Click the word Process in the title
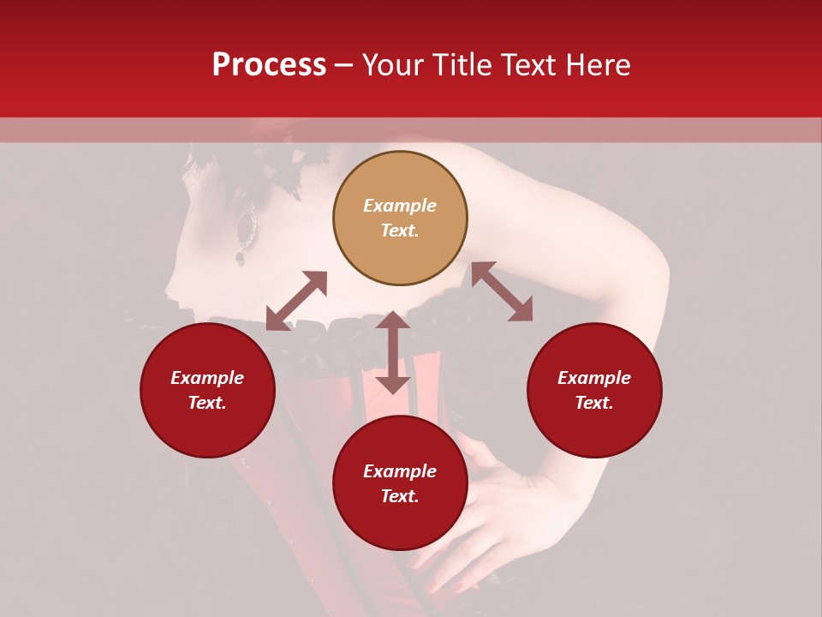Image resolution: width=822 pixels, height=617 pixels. pyautogui.click(x=269, y=65)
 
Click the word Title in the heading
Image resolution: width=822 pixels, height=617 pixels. pyautogui.click(x=458, y=65)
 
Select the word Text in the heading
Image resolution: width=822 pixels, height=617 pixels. pyautogui.click(x=526, y=65)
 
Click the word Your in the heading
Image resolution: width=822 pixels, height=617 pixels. pyautogui.click(x=391, y=65)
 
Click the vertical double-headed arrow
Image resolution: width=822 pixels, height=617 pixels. pyautogui.click(x=393, y=353)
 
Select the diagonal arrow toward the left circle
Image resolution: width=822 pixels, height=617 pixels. pyautogui.click(x=296, y=301)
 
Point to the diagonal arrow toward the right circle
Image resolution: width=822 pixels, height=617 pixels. pyautogui.click(x=502, y=291)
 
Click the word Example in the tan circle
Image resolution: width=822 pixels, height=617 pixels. pyautogui.click(x=400, y=206)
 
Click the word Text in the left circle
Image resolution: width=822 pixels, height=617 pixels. pyautogui.click(x=207, y=403)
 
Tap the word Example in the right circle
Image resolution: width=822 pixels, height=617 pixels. pyautogui.click(x=594, y=378)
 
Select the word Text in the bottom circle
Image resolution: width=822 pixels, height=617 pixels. pyautogui.click(x=400, y=496)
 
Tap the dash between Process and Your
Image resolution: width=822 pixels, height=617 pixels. pyautogui.click(x=344, y=66)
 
